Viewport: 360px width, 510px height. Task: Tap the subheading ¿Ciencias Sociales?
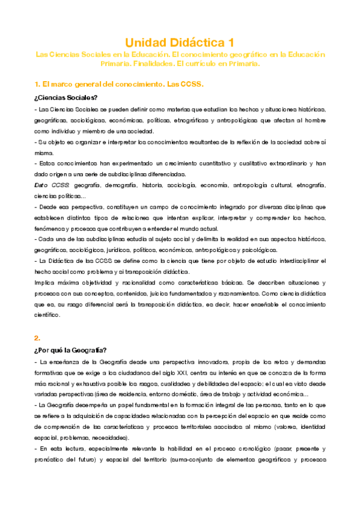[x=66, y=97]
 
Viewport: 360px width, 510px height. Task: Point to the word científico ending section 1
[x=48, y=315]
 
